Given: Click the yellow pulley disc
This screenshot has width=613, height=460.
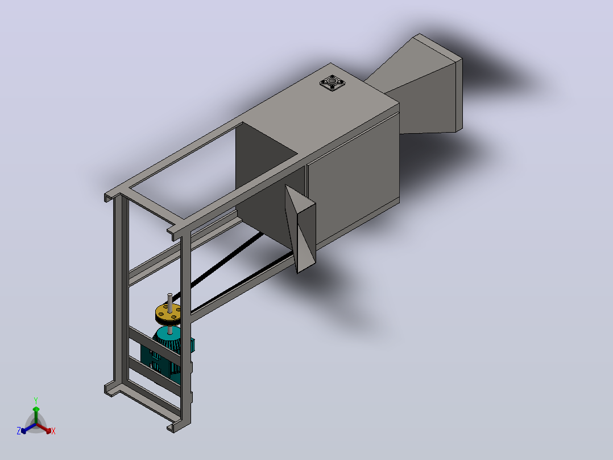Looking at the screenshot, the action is tap(168, 313).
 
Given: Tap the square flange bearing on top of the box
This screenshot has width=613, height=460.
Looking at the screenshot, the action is tap(332, 83).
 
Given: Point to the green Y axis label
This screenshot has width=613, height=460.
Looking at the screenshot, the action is tap(36, 401).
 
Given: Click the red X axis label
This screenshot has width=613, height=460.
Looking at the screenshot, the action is tap(53, 431).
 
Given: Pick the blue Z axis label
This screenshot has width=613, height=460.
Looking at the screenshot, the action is tap(18, 431).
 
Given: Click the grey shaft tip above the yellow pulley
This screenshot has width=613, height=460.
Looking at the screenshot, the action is tap(169, 295).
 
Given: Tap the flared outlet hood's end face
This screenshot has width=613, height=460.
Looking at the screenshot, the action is tap(459, 95).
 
